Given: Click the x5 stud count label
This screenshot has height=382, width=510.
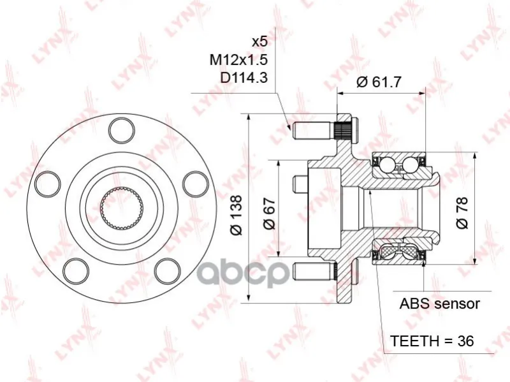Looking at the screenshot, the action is tap(260, 41).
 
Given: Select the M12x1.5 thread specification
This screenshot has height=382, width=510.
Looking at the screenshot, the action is tap(238, 60).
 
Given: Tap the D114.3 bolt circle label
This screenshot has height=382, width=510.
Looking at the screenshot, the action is tap(244, 78).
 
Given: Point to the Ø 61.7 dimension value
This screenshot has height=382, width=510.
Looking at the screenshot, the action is tap(379, 82).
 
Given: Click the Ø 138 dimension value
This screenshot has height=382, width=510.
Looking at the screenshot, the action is tap(236, 215).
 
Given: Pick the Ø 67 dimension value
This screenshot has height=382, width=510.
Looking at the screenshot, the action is tap(269, 213).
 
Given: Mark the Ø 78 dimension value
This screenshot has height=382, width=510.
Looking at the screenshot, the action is tap(462, 213).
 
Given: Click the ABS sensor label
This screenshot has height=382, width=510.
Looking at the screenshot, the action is tap(439, 304).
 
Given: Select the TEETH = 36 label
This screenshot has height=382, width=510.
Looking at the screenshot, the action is tap(432, 341).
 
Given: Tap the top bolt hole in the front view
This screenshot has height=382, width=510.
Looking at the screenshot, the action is tap(121, 131).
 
